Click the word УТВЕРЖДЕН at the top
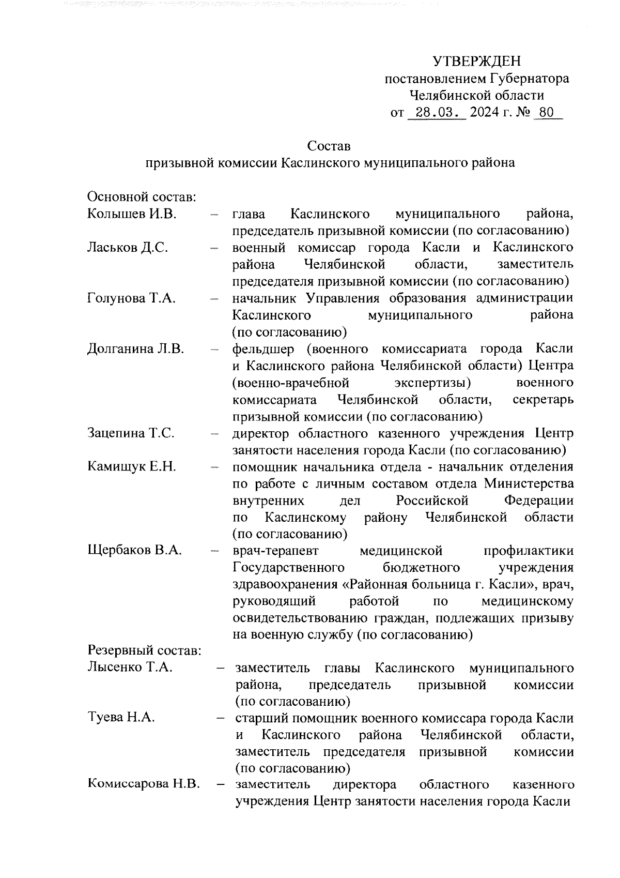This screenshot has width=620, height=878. click(476, 62)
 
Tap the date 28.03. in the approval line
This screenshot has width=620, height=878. click(437, 112)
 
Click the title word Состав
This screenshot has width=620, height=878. click(329, 146)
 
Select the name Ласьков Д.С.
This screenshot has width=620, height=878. click(128, 248)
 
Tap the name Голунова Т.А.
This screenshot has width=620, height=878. click(132, 298)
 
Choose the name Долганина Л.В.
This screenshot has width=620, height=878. click(135, 349)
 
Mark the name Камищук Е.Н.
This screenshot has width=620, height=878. click(132, 467)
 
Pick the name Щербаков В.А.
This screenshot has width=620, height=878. click(134, 551)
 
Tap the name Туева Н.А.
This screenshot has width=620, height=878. click(121, 718)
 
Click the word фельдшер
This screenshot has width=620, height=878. click(263, 349)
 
